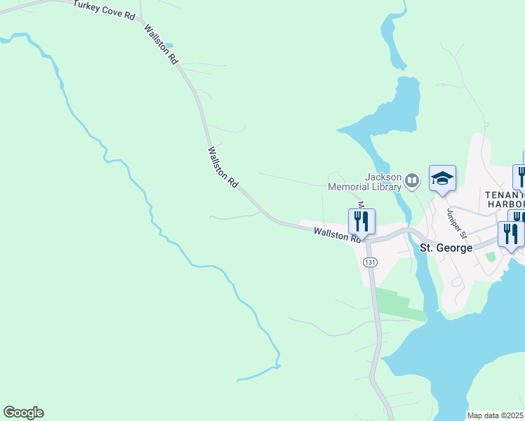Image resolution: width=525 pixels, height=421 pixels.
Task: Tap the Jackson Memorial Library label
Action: click(365, 182)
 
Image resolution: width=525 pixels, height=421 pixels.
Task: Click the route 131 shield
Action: click(370, 262)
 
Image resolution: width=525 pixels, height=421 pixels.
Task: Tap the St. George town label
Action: click(446, 248)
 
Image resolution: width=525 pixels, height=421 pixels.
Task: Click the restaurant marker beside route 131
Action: click(361, 221)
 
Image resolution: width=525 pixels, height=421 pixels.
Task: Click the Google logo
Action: click(23, 413)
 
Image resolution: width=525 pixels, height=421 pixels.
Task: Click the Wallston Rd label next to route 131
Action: click(338, 234)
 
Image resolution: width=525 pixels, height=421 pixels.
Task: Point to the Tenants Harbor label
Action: click(503, 199)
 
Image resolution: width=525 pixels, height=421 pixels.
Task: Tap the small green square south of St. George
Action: click(491, 257)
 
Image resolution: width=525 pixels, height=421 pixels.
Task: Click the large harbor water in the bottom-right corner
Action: click(477, 351)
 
